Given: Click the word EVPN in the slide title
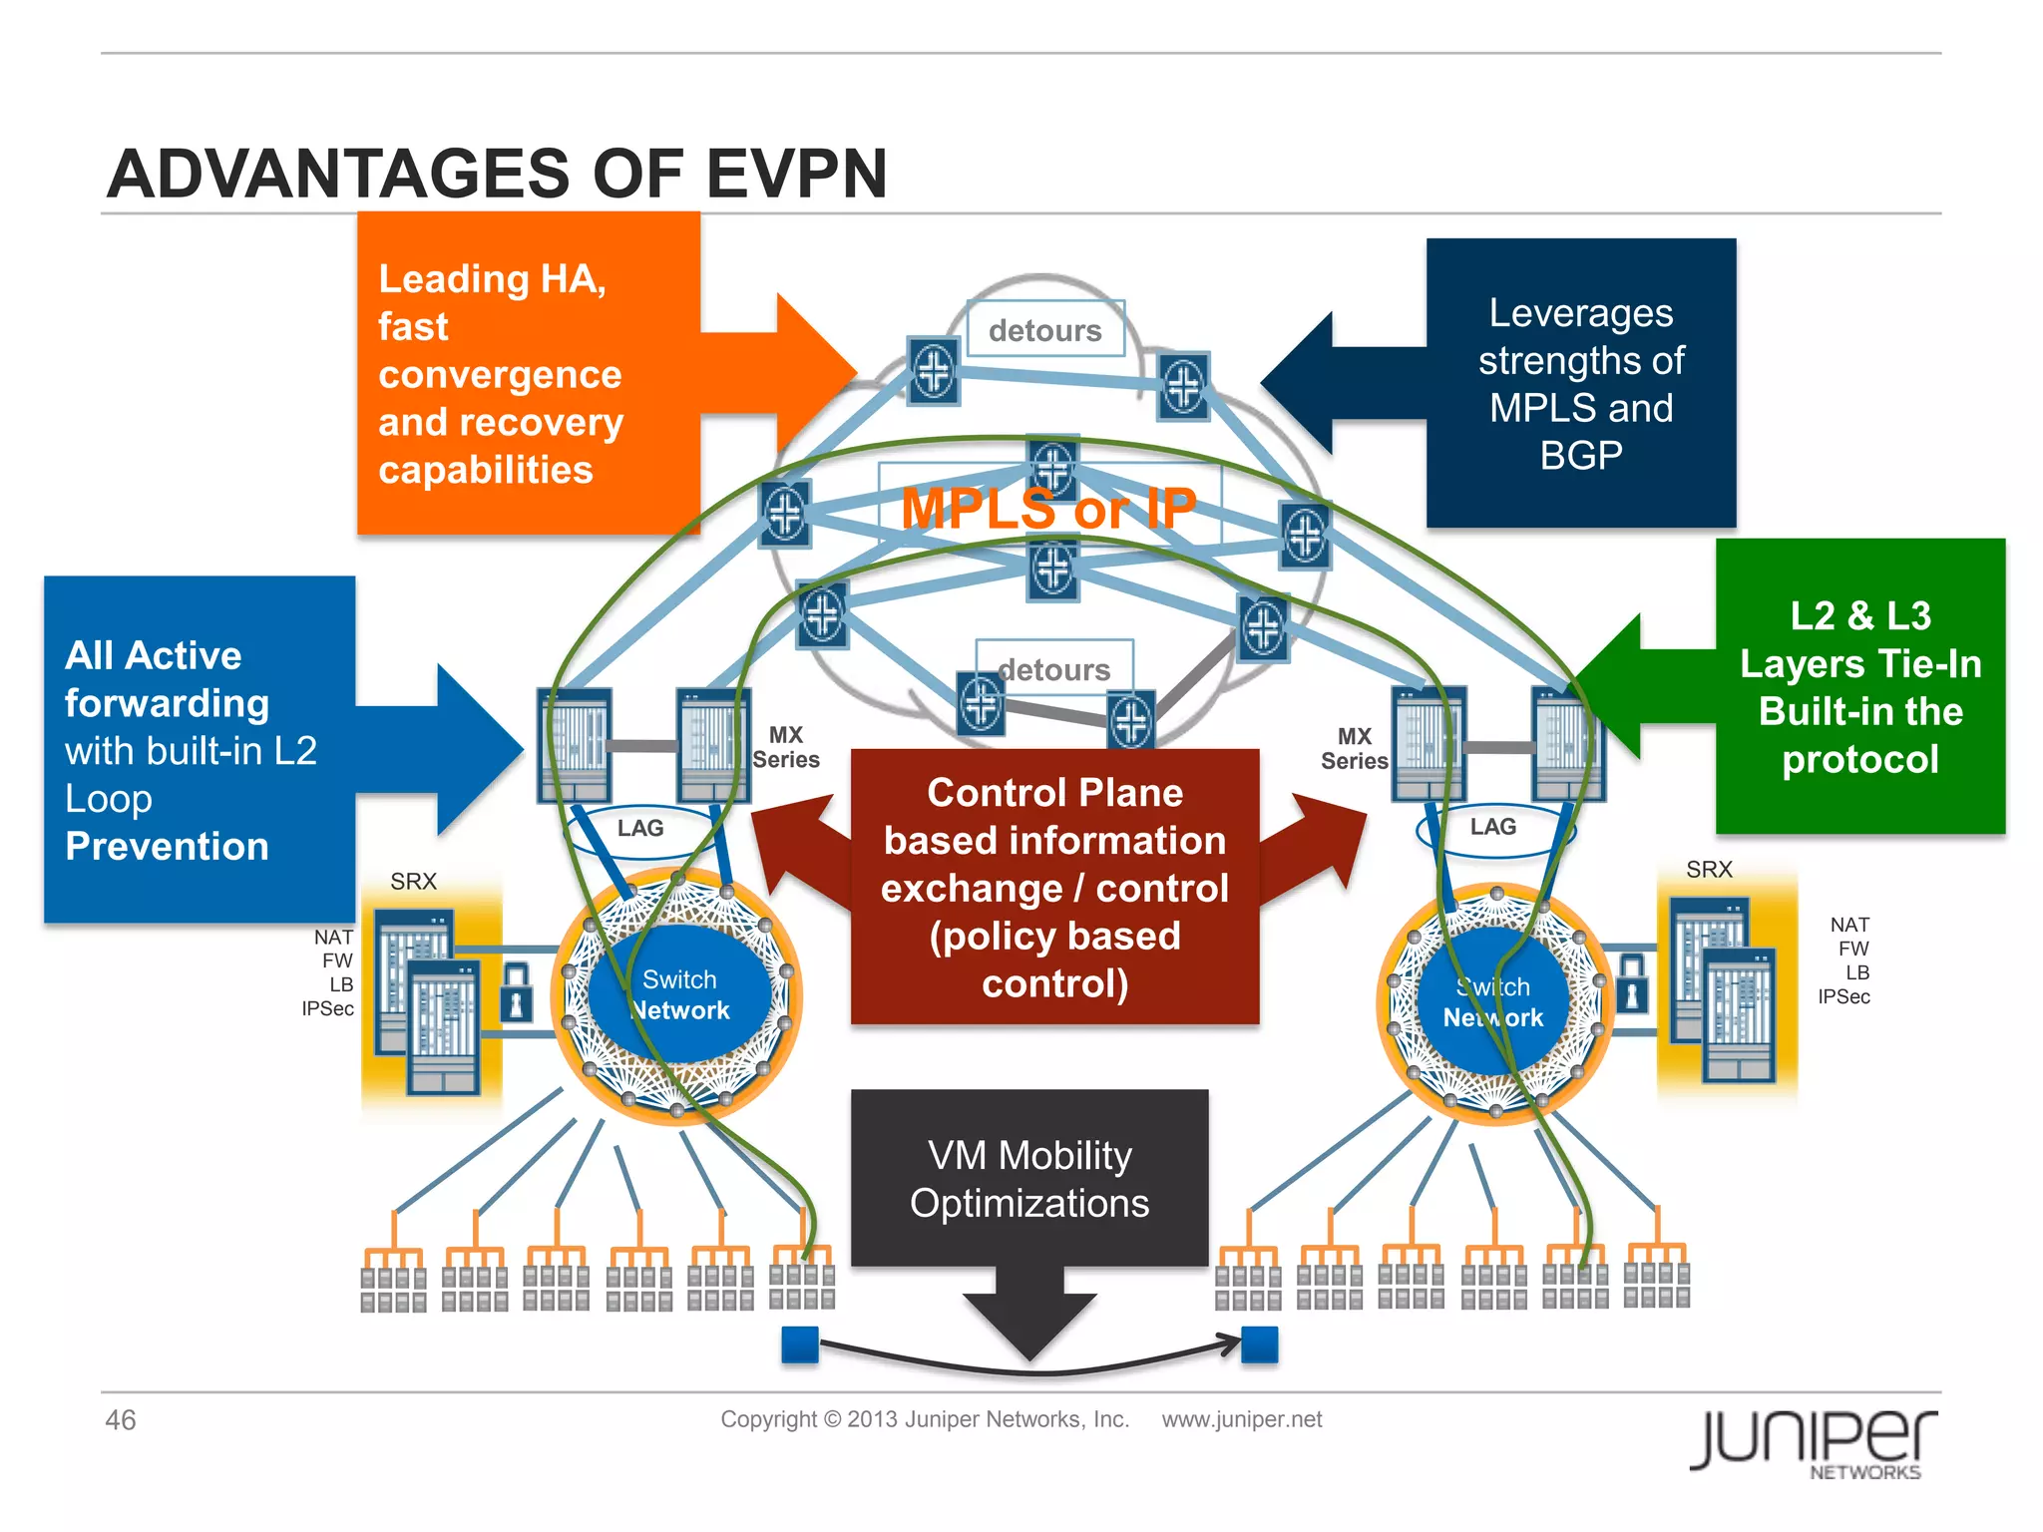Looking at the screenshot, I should (796, 175).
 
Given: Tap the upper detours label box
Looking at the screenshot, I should (1044, 329).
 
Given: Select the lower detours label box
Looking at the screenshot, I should (1053, 668).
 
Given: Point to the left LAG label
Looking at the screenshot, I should (639, 828).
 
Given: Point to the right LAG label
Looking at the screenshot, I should (1492, 827).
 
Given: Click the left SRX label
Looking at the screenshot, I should (413, 882).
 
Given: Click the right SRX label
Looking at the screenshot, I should (1709, 870).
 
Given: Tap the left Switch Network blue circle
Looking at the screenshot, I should (680, 994).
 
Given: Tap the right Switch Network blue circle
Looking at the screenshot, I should (1492, 1002).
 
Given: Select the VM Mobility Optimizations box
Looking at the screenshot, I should (1029, 1179).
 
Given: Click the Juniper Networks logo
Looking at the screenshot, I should (1814, 1441).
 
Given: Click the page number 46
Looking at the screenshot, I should (121, 1420).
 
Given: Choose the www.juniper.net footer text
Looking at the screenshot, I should (1241, 1419).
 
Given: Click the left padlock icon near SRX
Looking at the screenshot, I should (516, 992).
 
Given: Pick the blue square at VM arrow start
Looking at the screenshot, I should (800, 1344).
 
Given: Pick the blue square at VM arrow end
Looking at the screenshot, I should (1260, 1344).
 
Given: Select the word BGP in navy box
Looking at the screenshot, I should (1581, 456).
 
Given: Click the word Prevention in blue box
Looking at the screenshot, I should (167, 847).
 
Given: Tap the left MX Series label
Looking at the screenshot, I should (786, 747).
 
